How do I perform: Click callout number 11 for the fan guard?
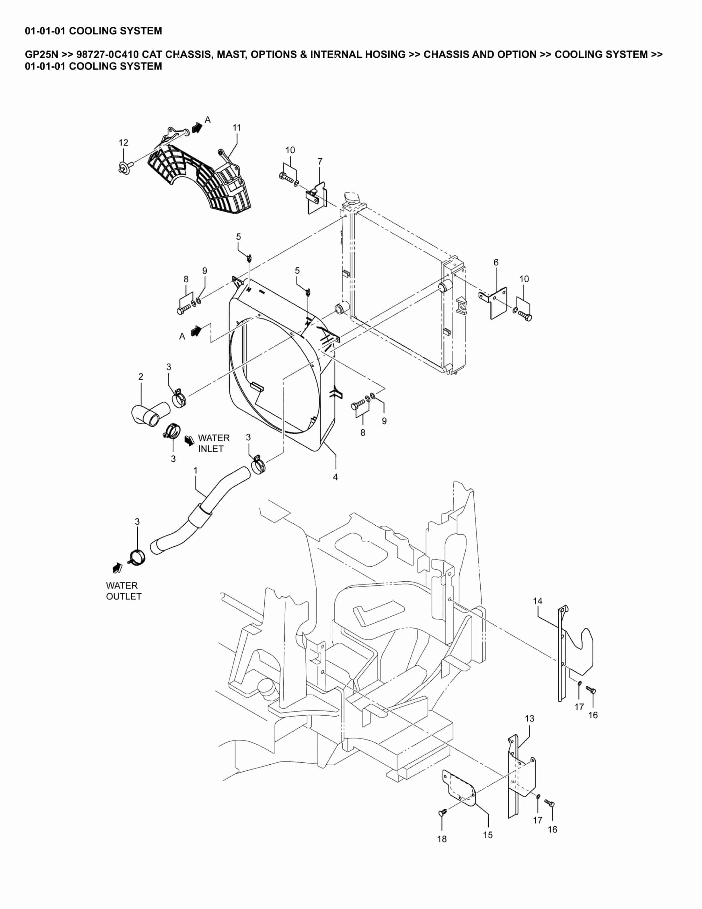tap(237, 128)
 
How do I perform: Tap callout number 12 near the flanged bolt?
tap(124, 143)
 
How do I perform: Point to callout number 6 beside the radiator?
tap(496, 262)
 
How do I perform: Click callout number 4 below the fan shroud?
tap(335, 477)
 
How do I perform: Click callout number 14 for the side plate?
tap(538, 601)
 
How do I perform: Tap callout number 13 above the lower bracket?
tap(529, 718)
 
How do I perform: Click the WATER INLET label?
tap(213, 443)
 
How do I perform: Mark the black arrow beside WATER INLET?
tap(190, 440)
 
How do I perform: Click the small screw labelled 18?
tap(443, 812)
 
